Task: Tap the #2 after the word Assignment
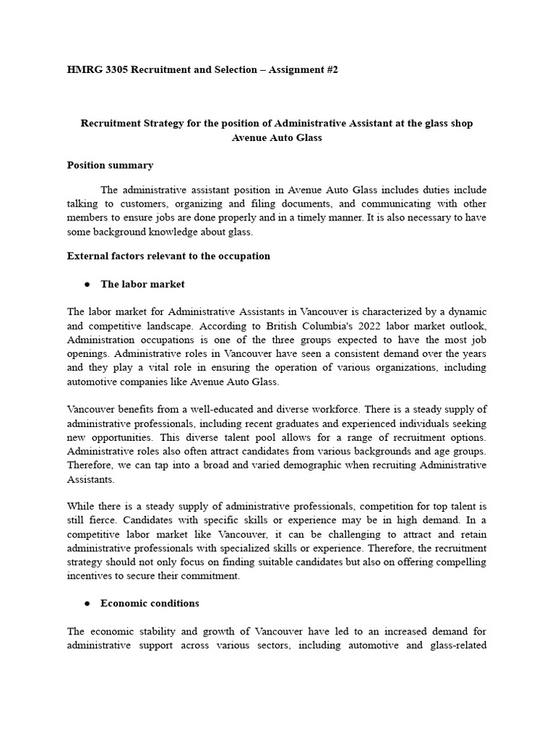pos(331,69)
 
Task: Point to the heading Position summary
pos(110,165)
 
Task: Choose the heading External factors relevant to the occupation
pos(168,256)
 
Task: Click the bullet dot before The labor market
pos(87,285)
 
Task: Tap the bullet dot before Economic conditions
pos(87,603)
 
